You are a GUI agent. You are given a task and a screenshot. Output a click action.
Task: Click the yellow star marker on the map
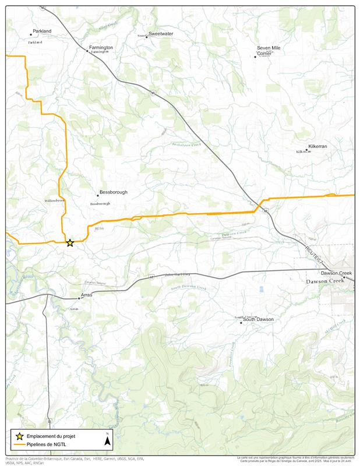pyautogui.click(x=70, y=243)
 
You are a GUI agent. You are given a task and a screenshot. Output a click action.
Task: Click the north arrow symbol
pyautogui.click(x=107, y=440)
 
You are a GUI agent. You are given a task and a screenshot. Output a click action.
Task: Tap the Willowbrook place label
pyautogui.click(x=55, y=200)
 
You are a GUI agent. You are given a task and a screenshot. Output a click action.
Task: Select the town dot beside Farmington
pyautogui.click(x=87, y=51)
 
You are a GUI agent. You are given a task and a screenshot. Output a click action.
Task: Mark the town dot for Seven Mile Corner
pyautogui.click(x=255, y=57)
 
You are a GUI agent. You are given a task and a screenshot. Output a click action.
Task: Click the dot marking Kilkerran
pyautogui.click(x=307, y=150)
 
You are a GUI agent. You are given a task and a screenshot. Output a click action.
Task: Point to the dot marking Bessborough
pyautogui.click(x=97, y=196)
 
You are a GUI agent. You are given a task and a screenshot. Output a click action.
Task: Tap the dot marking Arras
pyautogui.click(x=79, y=298)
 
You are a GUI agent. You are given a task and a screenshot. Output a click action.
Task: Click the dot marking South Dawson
pyautogui.click(x=241, y=322)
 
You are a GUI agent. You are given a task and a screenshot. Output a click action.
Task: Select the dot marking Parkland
pyautogui.click(x=31, y=35)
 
